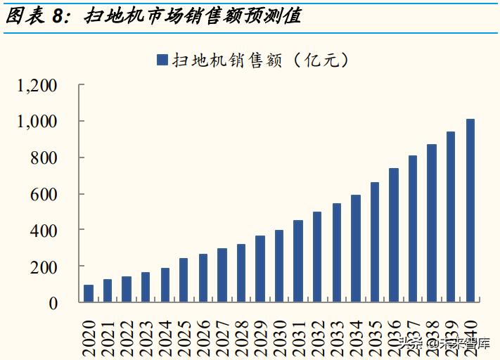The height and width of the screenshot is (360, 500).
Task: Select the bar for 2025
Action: [x=184, y=280]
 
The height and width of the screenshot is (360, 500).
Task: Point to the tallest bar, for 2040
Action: [x=470, y=211]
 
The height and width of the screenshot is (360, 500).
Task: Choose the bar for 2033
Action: [x=337, y=252]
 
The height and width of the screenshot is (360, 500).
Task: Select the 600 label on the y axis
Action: [x=45, y=194]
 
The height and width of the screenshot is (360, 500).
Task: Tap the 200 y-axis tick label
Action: [x=45, y=266]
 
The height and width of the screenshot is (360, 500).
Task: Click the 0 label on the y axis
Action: [x=54, y=303]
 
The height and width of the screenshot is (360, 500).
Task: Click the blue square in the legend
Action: [x=162, y=60]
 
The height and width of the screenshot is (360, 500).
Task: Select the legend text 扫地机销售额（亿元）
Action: [x=260, y=60]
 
